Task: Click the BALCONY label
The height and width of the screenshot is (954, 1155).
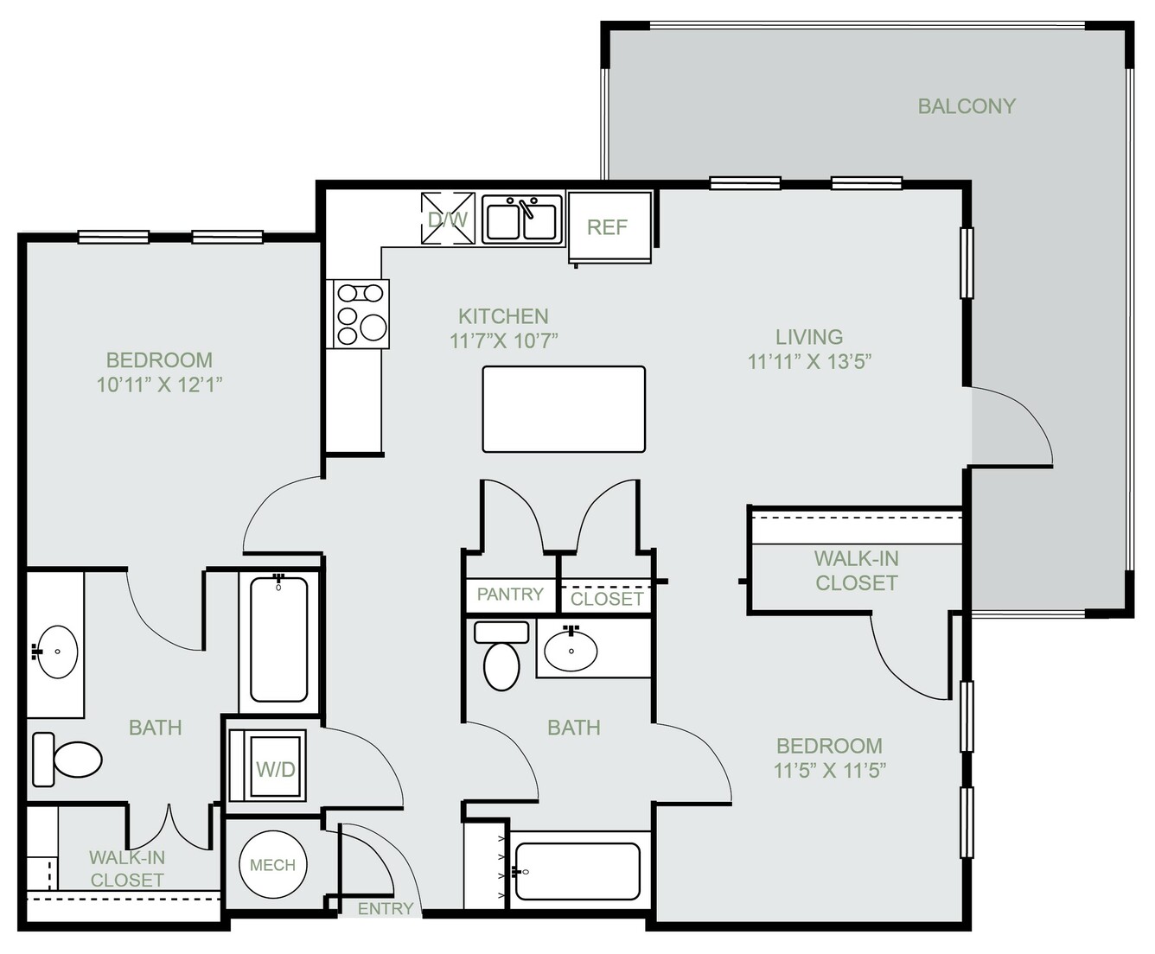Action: (x=967, y=106)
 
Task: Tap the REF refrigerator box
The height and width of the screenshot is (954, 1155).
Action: (x=609, y=226)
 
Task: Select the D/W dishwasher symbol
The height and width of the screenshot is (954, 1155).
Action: (x=448, y=219)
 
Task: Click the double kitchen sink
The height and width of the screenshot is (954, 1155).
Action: (x=521, y=219)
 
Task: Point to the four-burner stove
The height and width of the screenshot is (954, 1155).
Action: (x=357, y=314)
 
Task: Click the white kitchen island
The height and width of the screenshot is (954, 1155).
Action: (x=564, y=409)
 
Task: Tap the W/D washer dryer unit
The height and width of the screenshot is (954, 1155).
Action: (x=268, y=765)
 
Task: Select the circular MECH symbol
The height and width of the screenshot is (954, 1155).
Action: (x=273, y=865)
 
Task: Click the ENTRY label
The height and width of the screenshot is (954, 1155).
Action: (x=386, y=909)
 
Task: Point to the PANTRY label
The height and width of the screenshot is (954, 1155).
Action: (x=510, y=594)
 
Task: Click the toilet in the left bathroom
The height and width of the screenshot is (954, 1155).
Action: (x=67, y=760)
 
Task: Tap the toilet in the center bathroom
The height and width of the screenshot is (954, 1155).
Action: (x=501, y=656)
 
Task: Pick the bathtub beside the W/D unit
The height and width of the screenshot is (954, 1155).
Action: (x=278, y=639)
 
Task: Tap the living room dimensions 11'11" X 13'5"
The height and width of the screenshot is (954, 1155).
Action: (x=809, y=362)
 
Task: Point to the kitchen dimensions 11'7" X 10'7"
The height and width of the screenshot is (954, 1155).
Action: (x=503, y=340)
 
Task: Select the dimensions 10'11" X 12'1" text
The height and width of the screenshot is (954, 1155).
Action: (x=159, y=385)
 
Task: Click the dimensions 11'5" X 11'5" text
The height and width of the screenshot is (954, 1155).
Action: (x=830, y=770)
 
